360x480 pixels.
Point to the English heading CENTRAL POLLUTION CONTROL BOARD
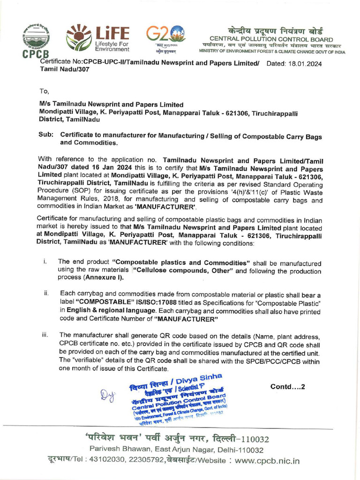coord(271,39)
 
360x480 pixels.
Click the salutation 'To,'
coord(44,91)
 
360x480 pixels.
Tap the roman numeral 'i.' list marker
coord(45,261)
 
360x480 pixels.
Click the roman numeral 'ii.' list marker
coord(46,293)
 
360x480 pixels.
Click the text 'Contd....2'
coord(288,387)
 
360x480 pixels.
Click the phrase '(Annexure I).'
coord(104,277)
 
